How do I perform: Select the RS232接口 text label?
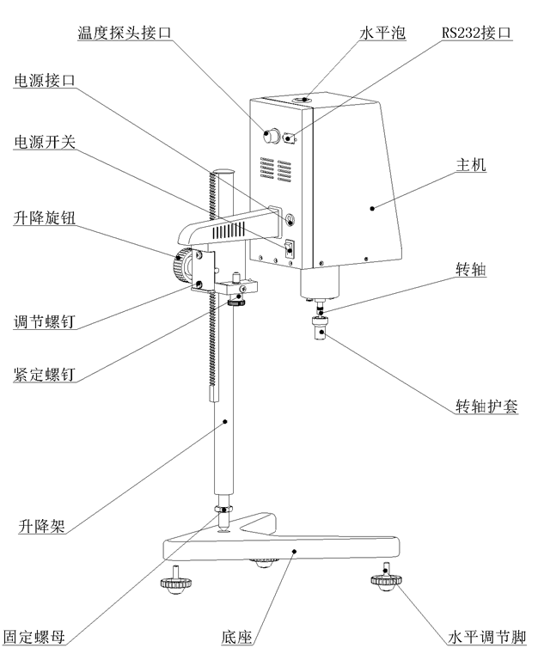point(477,33)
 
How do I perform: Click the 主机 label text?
point(470,165)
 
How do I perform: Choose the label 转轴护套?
point(486,406)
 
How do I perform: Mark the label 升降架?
point(40,526)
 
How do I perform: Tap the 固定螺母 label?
point(34,638)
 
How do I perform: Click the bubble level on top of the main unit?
point(303,101)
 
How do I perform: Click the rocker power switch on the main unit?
point(290,247)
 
